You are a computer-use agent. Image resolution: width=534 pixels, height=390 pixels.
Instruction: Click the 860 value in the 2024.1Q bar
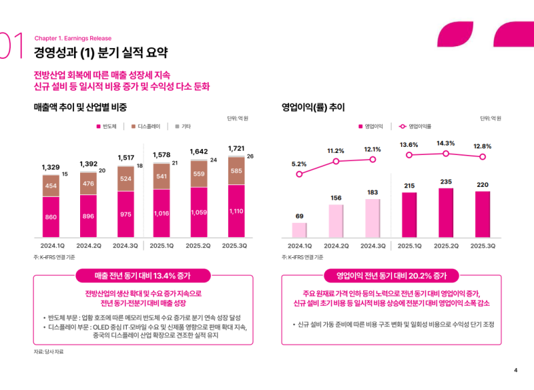pyautogui.click(x=51, y=218)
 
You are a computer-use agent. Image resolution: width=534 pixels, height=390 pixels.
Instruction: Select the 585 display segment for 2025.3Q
pyautogui.click(x=236, y=171)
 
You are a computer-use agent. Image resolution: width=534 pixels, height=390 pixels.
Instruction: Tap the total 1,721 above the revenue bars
pyautogui.click(x=236, y=148)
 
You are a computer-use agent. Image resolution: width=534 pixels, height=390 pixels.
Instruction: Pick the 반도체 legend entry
pyautogui.click(x=107, y=126)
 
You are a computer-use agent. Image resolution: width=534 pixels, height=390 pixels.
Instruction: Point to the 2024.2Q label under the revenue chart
pyautogui.click(x=88, y=246)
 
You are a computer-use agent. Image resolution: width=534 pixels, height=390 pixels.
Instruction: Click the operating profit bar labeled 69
pyautogui.click(x=299, y=230)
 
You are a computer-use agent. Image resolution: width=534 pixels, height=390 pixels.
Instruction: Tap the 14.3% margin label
pyautogui.click(x=446, y=143)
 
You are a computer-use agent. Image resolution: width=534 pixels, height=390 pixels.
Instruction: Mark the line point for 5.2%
pyautogui.click(x=299, y=174)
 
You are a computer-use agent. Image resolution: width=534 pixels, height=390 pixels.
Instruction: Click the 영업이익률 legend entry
pyautogui.click(x=415, y=126)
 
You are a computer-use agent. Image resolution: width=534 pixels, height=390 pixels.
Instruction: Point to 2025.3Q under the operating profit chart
pyautogui.click(x=483, y=246)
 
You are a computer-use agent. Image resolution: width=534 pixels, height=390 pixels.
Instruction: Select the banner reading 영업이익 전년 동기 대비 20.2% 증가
pyautogui.click(x=390, y=275)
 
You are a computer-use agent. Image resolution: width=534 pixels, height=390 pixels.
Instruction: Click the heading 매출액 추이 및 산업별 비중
pyautogui.click(x=80, y=107)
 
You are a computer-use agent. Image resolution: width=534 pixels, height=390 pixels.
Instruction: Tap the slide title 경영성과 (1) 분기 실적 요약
pyautogui.click(x=101, y=51)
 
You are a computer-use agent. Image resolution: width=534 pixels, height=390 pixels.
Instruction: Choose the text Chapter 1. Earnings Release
pyautogui.click(x=73, y=38)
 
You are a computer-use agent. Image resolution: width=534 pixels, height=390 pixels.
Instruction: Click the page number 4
pyautogui.click(x=515, y=371)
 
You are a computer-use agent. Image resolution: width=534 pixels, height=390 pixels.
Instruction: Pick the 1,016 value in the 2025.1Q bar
pyautogui.click(x=161, y=214)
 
